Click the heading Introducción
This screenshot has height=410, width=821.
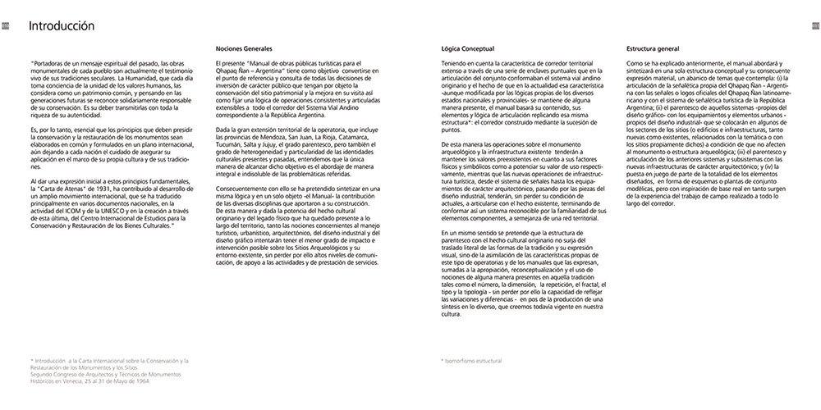pos(62,27)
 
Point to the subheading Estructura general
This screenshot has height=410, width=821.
pos(653,49)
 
